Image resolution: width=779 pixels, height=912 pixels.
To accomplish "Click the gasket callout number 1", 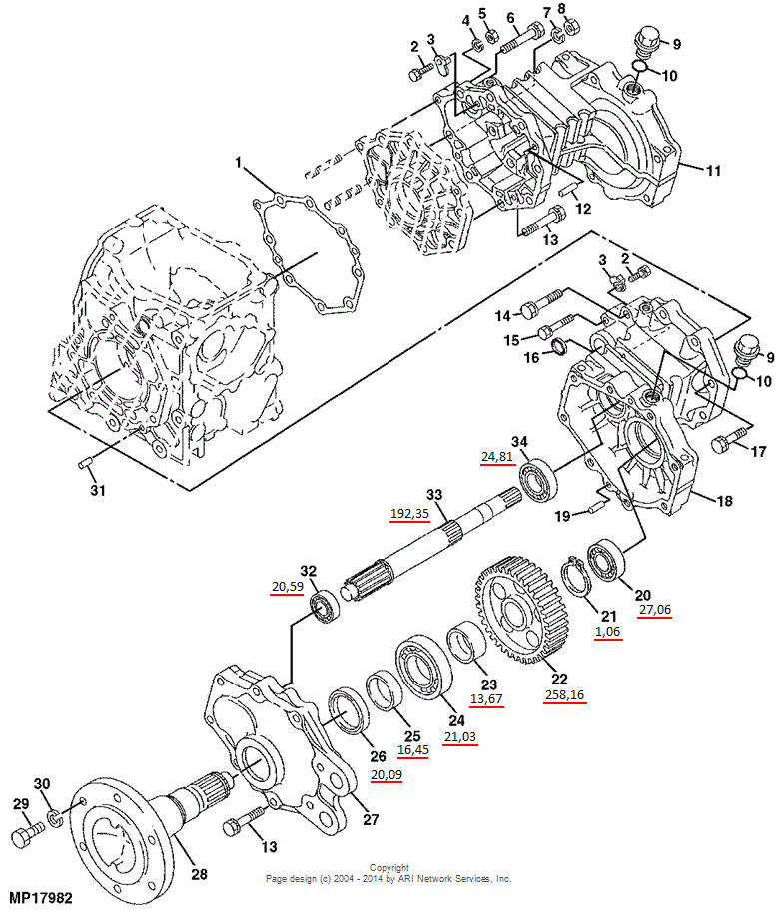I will coord(239,161).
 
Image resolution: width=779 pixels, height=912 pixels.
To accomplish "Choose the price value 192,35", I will coord(409,514).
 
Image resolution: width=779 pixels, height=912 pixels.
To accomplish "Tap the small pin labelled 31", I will coord(85,461).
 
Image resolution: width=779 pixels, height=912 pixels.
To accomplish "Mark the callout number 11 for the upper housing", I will coord(713,171).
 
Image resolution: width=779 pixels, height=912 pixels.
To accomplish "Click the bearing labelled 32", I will coord(325,606).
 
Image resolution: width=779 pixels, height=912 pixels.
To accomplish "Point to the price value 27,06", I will coord(650,609).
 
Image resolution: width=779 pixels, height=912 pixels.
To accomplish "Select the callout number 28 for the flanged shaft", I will coord(199,875).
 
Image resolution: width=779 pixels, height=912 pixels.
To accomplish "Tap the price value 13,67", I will coord(486,699).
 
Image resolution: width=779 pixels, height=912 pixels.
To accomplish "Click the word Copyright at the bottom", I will coord(389,868).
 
